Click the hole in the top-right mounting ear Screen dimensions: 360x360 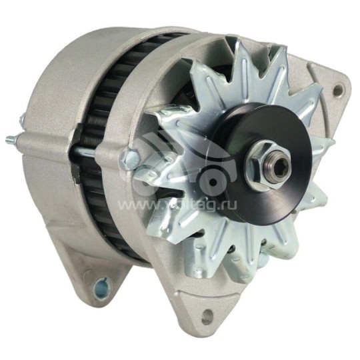coord(338,89)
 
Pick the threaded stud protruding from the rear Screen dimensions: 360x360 coord(11,139)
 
